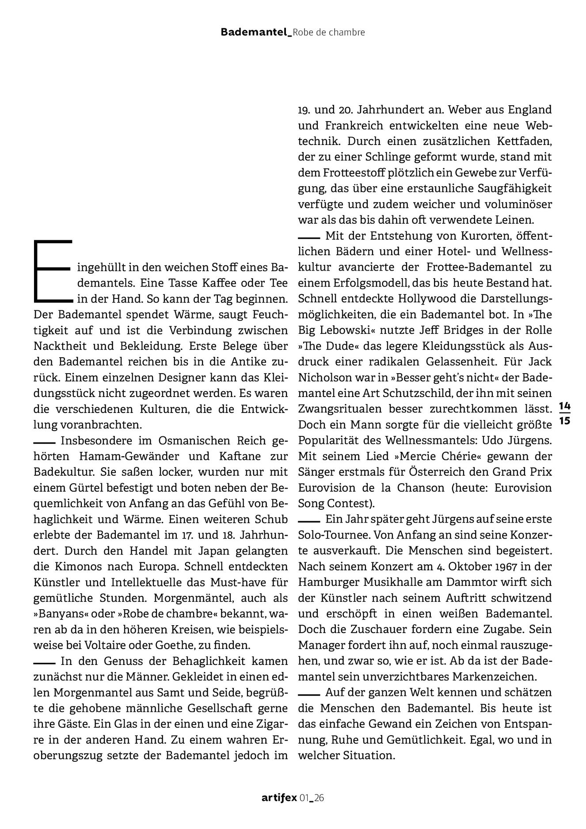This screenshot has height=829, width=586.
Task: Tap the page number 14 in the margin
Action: point(565,405)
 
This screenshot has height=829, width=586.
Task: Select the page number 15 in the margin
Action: point(565,420)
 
